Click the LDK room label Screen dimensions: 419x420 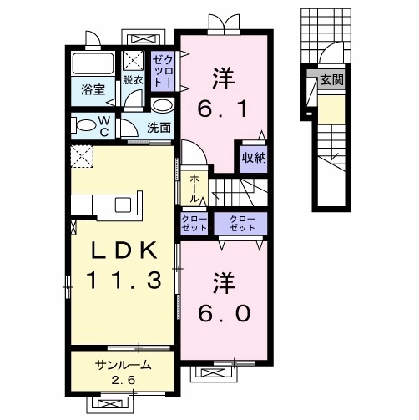(x=124, y=250)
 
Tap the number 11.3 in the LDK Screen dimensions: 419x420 (x=124, y=280)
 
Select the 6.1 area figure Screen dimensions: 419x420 (x=223, y=109)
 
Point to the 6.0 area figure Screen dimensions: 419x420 (x=225, y=312)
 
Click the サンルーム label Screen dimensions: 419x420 (x=124, y=365)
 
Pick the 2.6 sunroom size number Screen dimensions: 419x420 (x=124, y=380)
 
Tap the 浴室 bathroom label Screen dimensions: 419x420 (x=93, y=90)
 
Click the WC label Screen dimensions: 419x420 (x=104, y=126)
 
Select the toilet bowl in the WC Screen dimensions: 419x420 (x=84, y=125)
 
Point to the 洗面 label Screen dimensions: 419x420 (x=159, y=128)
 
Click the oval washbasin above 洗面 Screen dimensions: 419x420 (x=163, y=106)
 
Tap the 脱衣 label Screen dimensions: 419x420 (x=133, y=80)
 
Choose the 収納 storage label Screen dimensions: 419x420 (x=254, y=158)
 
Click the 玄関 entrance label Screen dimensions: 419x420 (x=331, y=80)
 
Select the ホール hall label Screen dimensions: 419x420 (x=194, y=189)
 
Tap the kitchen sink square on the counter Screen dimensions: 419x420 (x=123, y=205)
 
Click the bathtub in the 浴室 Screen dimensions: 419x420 (x=93, y=63)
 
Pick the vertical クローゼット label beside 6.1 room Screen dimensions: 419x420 (x=163, y=71)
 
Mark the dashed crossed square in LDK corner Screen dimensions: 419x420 (x=82, y=157)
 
